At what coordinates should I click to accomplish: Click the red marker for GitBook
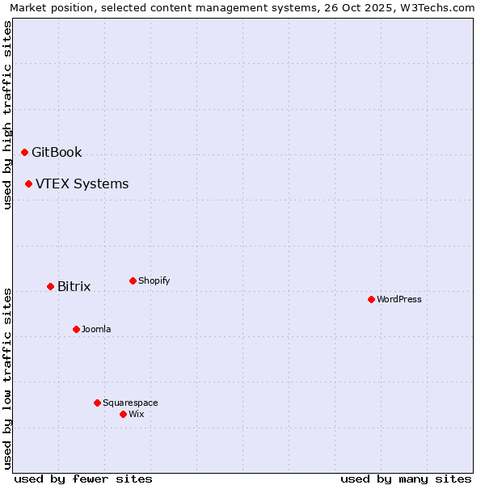[24, 152]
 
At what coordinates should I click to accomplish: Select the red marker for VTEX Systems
[28, 183]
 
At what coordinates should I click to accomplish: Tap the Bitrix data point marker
[50, 286]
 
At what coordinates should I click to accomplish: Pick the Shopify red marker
[133, 280]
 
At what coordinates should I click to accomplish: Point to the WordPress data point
[371, 299]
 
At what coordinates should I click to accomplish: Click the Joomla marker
[76, 329]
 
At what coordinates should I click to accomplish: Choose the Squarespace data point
[97, 403]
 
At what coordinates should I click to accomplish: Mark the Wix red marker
[123, 414]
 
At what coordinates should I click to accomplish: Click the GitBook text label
[57, 152]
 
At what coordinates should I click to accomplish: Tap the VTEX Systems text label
[82, 183]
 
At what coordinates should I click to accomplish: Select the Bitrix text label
[74, 286]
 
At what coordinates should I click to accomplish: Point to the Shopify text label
[154, 280]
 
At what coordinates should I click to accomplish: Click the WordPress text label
[399, 299]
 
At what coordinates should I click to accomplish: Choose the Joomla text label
[96, 329]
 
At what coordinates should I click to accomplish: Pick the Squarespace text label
[130, 403]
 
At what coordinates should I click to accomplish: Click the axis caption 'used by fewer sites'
[83, 479]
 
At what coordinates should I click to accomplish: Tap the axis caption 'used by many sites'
[406, 479]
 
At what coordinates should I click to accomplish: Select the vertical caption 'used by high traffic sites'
[7, 115]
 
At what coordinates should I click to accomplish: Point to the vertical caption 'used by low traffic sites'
[7, 378]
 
